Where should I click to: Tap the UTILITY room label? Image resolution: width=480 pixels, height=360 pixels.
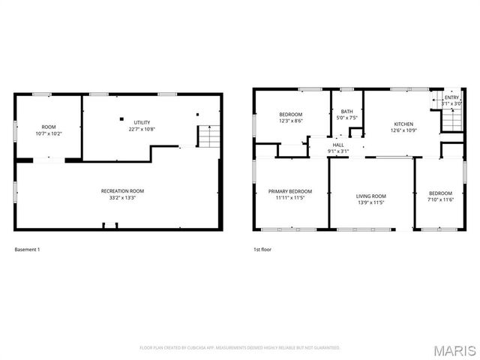point(142,122)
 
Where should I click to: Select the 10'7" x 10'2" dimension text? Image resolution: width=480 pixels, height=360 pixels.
point(49,133)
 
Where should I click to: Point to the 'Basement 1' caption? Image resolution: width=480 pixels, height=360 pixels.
point(28,249)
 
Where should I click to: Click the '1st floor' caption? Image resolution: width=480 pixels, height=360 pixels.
point(262,249)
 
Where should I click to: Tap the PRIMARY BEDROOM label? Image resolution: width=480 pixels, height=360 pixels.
point(290,191)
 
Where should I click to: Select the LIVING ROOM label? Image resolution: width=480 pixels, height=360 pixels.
point(370,196)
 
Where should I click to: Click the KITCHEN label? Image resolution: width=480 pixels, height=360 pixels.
point(403,124)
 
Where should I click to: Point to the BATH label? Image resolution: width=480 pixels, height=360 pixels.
point(346,111)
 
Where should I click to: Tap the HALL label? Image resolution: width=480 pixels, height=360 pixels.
point(338,145)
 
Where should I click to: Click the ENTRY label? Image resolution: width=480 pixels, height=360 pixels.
point(451,97)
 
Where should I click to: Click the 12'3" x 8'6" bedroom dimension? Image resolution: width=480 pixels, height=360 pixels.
point(291,121)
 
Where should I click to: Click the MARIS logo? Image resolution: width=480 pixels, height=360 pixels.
point(453,350)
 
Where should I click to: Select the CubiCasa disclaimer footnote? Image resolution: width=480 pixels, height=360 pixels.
point(240,347)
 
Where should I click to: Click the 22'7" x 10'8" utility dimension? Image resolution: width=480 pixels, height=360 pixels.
point(142,129)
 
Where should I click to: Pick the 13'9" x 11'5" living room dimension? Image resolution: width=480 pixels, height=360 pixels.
point(370,202)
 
